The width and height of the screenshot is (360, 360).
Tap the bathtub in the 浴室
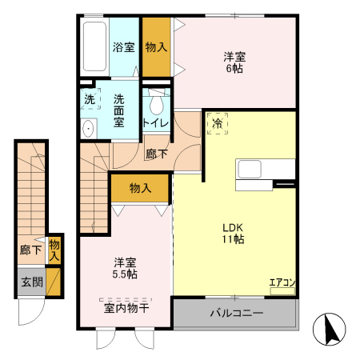[x=94, y=46]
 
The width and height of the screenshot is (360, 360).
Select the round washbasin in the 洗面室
[x=88, y=129]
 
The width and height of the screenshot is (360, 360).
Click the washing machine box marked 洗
[x=90, y=99]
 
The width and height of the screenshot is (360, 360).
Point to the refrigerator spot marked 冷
[x=218, y=123]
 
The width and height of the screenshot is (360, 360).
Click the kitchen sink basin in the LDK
[x=250, y=169]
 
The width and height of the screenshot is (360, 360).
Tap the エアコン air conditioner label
[x=282, y=282]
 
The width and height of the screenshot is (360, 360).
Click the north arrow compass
[x=330, y=330]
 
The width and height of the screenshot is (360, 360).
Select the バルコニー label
[x=237, y=313]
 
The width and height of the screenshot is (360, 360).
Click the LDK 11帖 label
[x=234, y=234]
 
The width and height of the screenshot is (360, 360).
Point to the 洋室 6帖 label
[x=234, y=62]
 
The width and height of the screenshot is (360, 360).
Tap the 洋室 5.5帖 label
[x=125, y=268]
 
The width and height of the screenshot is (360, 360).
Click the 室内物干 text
[x=126, y=308]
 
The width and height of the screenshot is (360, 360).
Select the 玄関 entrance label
[x=32, y=282]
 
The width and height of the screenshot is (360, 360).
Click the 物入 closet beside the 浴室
[x=157, y=47]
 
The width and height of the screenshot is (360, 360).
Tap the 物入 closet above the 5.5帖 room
[x=140, y=188]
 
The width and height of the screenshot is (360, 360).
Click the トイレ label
[x=156, y=123]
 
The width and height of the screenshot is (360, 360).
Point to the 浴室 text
[x=123, y=47]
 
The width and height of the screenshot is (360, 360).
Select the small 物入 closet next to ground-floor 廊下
[x=54, y=250]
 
